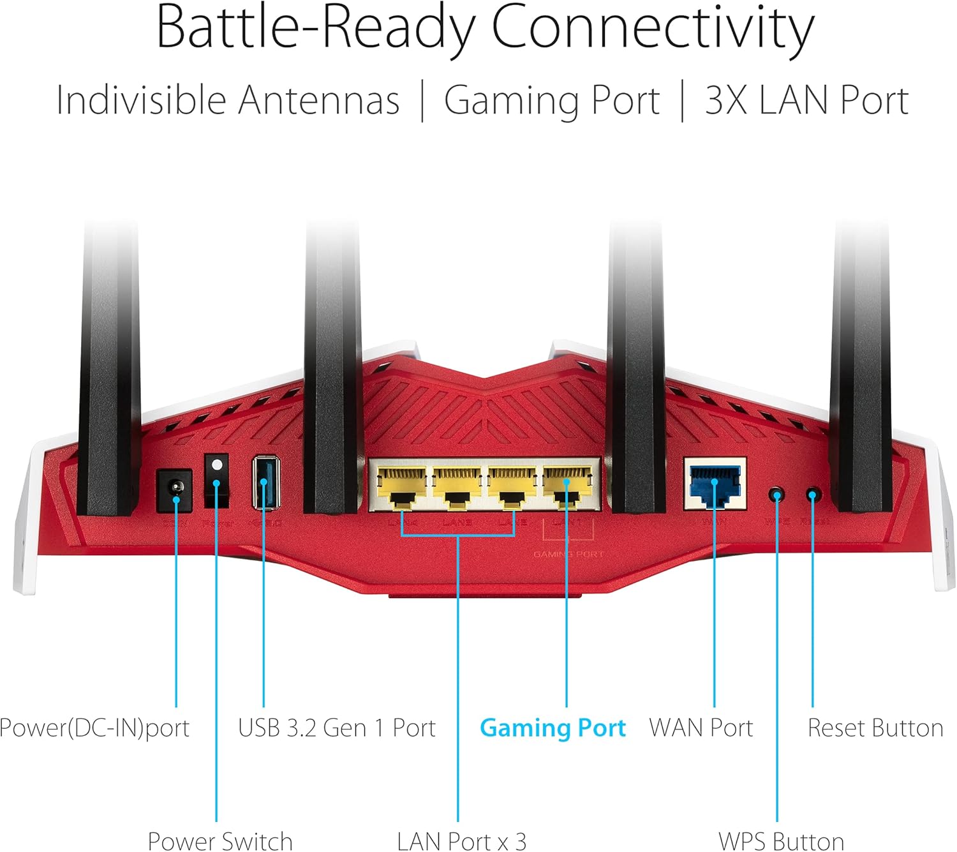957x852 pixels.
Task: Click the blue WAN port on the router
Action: [x=715, y=483]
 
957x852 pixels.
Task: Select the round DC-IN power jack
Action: [x=174, y=490]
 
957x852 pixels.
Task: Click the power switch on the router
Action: [x=216, y=481]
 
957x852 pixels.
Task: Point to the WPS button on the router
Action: [x=776, y=495]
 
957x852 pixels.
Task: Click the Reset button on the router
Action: [x=812, y=495]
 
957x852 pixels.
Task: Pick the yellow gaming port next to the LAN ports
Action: [x=567, y=486]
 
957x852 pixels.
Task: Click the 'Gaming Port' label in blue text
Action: [x=553, y=728]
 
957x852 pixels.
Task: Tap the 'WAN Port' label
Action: [x=701, y=728]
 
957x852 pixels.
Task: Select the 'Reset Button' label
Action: [x=875, y=728]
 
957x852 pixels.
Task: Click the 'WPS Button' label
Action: [x=781, y=841]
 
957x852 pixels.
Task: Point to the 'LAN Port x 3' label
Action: [x=461, y=841]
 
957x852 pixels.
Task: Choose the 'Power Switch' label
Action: [x=219, y=841]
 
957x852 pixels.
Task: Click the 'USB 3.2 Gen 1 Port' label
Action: [x=336, y=728]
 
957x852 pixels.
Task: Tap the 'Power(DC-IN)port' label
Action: [x=94, y=728]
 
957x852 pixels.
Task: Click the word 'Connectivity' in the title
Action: [x=652, y=29]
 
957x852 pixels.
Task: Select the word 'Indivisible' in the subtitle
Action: [x=140, y=101]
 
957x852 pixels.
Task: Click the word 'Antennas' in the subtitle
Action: [x=318, y=101]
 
